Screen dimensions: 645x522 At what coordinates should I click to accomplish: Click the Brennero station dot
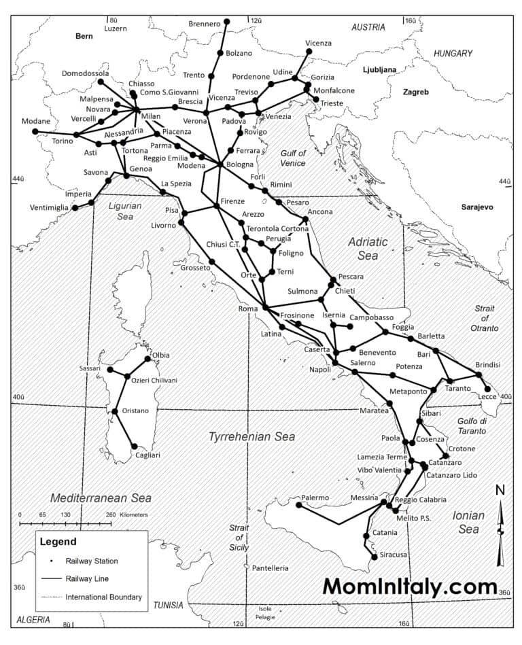pyautogui.click(x=226, y=22)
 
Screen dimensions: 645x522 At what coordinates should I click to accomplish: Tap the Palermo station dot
pyautogui.click(x=299, y=504)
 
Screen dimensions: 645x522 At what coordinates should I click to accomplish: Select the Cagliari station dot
pyautogui.click(x=134, y=447)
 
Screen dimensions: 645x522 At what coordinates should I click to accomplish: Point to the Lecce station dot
pyautogui.click(x=487, y=389)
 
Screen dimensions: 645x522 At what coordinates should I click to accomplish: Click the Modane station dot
pyautogui.click(x=35, y=131)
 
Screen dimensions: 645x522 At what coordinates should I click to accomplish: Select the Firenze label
pyautogui.click(x=232, y=202)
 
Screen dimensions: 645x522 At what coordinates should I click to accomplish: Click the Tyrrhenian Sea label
pyautogui.click(x=251, y=436)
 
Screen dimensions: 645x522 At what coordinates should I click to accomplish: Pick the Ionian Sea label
pyautogui.click(x=468, y=522)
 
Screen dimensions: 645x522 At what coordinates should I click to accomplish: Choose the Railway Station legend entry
pyautogui.click(x=92, y=561)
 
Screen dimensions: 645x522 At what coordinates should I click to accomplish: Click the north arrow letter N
pyautogui.click(x=500, y=491)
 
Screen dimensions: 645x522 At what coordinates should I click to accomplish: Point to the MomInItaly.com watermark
pyautogui.click(x=410, y=585)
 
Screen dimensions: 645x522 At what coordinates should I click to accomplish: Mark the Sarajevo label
pyautogui.click(x=476, y=207)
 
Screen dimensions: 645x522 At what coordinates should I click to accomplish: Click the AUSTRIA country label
pyautogui.click(x=368, y=27)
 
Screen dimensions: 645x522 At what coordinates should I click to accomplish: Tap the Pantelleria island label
pyautogui.click(x=270, y=568)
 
